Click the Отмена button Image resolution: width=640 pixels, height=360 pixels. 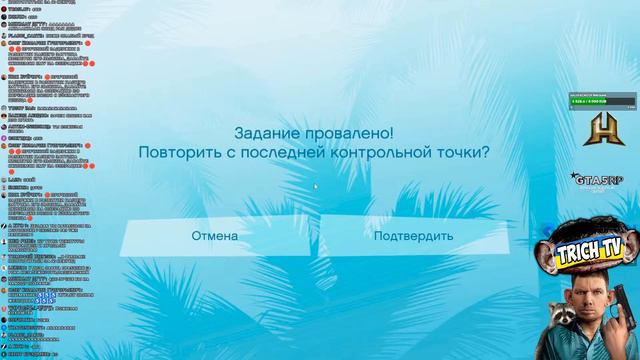pyautogui.click(x=215, y=236)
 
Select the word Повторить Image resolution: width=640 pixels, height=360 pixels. pyautogui.click(x=181, y=153)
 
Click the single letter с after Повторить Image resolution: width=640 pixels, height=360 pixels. pyautogui.click(x=234, y=154)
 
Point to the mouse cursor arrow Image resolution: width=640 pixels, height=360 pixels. pyautogui.click(x=316, y=185)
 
